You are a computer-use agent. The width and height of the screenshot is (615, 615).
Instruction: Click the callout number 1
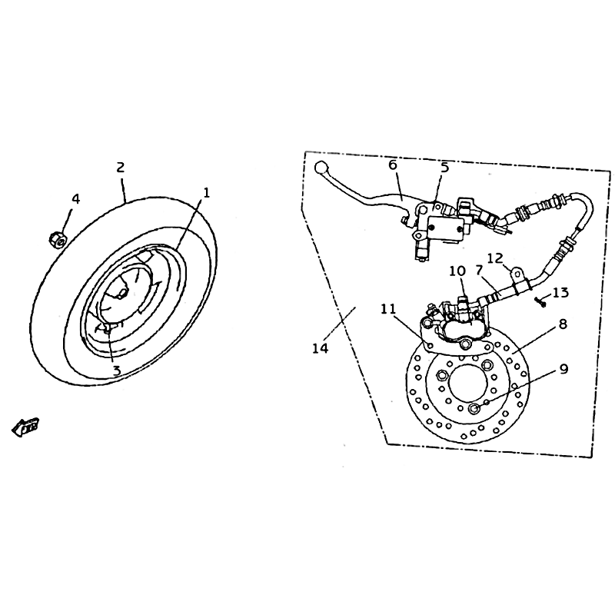pos(206,193)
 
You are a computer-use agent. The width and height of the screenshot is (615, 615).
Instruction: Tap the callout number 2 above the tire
pos(121,168)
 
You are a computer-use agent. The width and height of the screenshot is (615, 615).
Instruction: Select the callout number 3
pos(117,371)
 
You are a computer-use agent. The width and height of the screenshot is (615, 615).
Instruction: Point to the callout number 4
pos(75,199)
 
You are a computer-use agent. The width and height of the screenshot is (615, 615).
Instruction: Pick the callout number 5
pos(444,167)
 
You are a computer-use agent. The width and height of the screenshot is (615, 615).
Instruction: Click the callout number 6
pos(393,165)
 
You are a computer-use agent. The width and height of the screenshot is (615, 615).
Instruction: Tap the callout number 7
pos(478,271)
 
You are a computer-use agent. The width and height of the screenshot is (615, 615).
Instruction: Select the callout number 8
pos(563,324)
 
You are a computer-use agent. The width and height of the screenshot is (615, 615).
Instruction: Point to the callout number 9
pos(563,369)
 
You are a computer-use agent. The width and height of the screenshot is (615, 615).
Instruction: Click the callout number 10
pos(457,271)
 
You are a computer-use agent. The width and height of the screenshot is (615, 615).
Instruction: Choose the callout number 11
pos(389,309)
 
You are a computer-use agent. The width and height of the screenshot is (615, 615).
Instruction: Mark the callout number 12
pos(495,258)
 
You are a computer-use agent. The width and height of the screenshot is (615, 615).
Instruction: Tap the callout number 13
pos(560,292)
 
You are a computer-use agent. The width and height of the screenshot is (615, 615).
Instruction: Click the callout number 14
pos(321,348)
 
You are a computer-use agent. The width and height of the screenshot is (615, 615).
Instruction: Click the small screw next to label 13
pos(540,302)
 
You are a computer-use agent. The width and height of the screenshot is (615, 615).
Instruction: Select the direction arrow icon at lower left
pos(25,427)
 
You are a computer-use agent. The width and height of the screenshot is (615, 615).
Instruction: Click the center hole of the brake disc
pos(467,383)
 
